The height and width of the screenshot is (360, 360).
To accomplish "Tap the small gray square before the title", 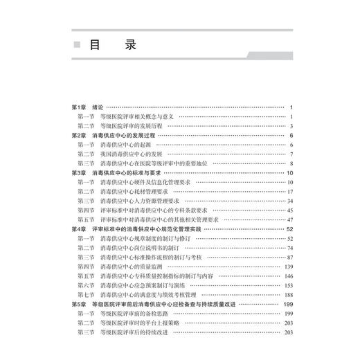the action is (x=77, y=46).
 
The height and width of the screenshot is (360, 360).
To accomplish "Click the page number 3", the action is (x=293, y=125).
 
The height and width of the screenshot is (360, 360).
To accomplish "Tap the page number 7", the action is (x=293, y=154).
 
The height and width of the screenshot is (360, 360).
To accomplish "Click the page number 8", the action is (x=293, y=163).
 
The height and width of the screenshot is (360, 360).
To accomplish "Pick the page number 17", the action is (x=291, y=191).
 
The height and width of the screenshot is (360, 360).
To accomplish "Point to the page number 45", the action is (x=291, y=210).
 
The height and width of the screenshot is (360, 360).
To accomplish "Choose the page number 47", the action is (x=291, y=219).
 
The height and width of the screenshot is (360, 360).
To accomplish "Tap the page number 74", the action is (x=291, y=247).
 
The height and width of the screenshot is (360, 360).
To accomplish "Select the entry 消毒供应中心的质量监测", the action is (x=132, y=266).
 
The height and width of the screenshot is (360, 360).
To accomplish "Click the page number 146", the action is (x=290, y=276).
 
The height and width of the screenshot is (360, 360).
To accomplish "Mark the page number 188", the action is (x=290, y=294).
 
